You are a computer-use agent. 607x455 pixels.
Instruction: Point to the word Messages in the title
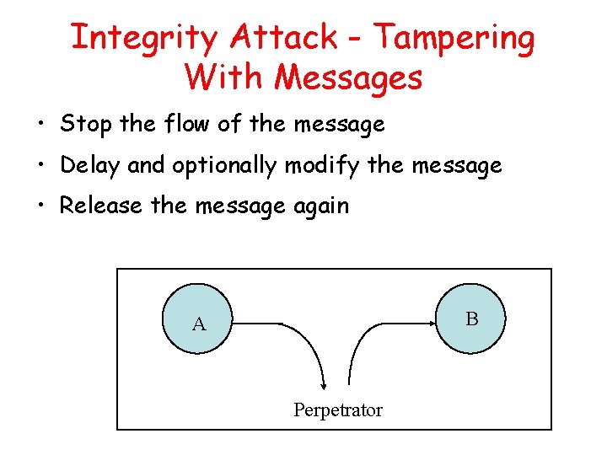pos(348,78)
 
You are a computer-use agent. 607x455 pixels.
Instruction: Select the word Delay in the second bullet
pos(91,166)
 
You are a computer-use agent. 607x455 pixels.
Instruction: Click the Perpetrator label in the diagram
pos(337,410)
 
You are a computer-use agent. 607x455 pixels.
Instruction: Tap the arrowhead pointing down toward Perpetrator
pos(323,383)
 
